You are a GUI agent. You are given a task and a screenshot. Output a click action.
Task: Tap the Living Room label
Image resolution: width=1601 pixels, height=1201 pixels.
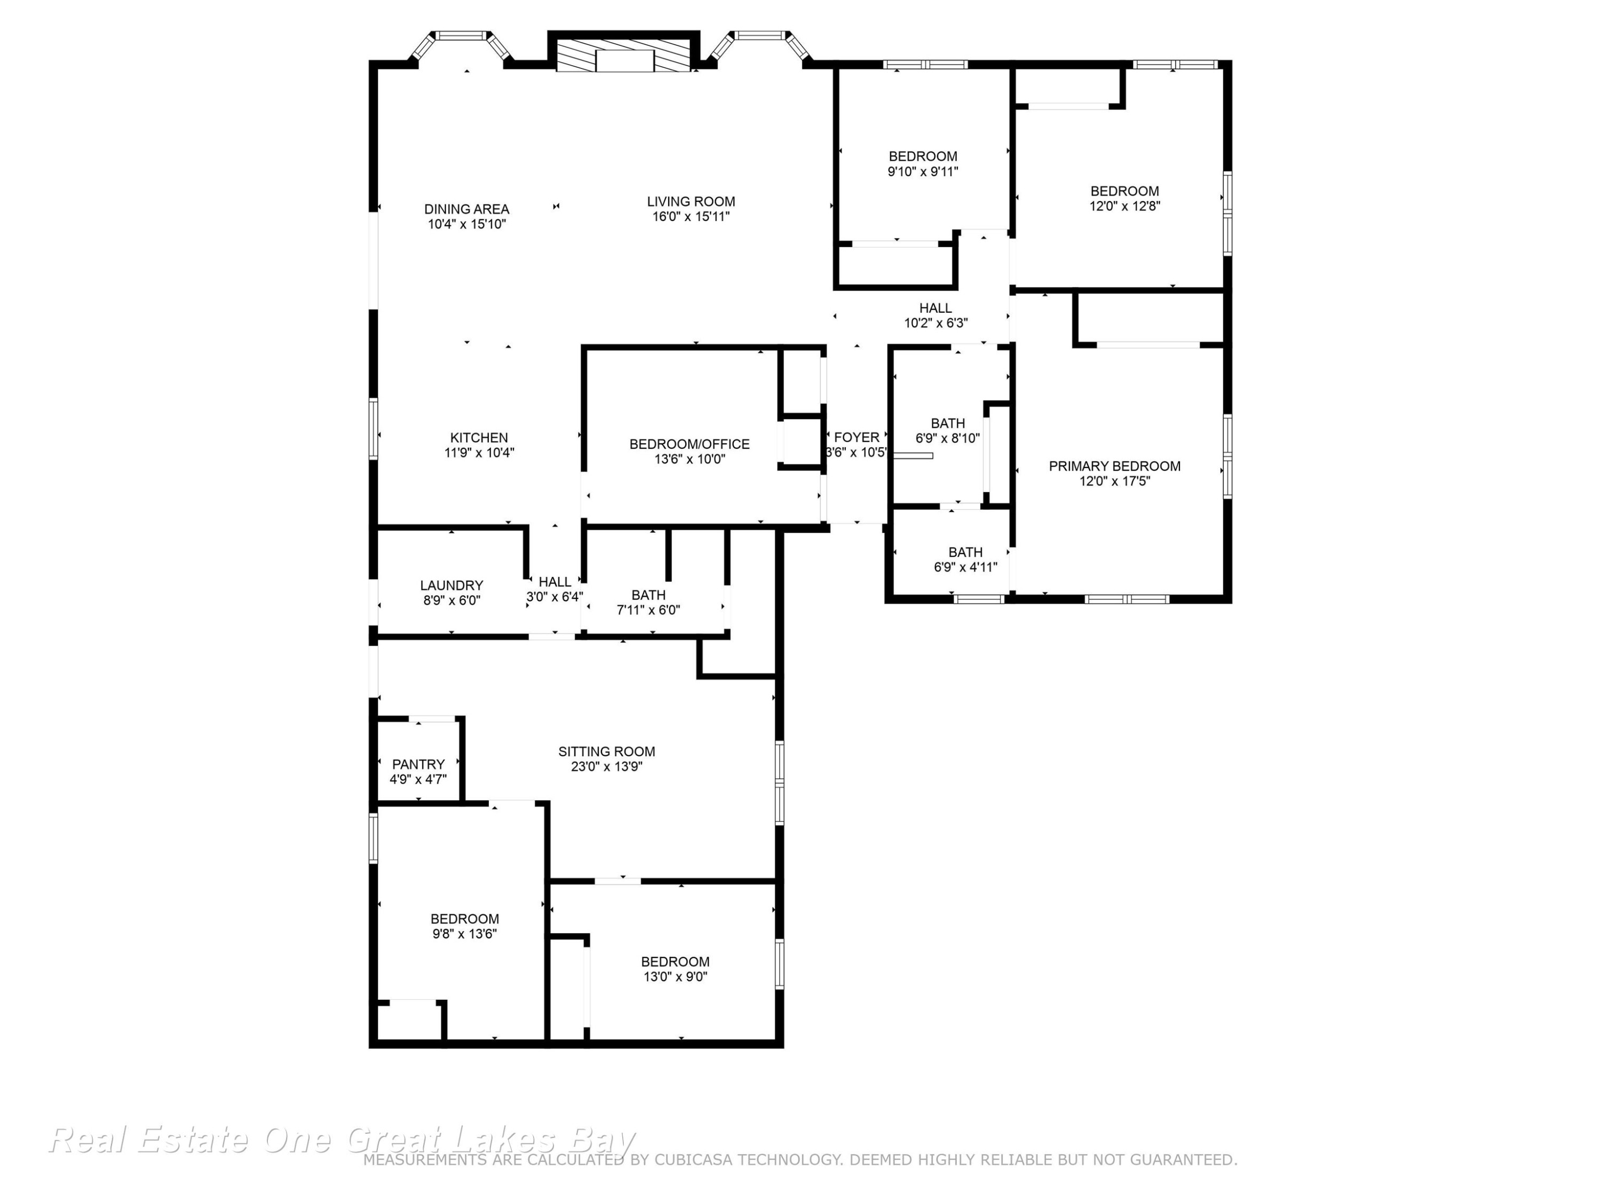[691, 201]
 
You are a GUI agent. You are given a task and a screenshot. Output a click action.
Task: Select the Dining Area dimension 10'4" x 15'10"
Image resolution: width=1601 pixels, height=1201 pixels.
[467, 224]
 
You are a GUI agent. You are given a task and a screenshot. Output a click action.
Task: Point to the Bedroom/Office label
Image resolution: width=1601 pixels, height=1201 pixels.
[689, 444]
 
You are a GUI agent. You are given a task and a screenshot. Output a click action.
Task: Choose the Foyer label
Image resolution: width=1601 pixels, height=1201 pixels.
[857, 437]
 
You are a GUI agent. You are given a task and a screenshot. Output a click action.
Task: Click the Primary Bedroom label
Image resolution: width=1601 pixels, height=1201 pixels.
[1115, 466]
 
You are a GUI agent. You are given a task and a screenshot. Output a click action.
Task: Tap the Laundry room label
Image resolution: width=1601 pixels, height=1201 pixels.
[451, 585]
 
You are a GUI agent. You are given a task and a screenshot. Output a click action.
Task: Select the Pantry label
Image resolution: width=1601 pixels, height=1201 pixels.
[418, 764]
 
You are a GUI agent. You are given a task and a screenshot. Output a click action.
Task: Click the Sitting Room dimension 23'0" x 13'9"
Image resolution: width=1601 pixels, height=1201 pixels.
[607, 767]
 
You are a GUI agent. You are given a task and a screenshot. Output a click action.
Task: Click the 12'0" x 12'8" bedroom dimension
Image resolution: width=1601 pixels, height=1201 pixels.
[1125, 206]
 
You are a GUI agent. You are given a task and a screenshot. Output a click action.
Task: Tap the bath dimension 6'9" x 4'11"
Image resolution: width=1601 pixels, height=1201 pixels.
[965, 567]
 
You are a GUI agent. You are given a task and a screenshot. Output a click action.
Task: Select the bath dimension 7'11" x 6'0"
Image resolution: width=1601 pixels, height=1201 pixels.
[648, 610]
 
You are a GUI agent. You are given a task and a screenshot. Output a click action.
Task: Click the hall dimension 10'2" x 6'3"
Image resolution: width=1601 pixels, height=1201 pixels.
[936, 323]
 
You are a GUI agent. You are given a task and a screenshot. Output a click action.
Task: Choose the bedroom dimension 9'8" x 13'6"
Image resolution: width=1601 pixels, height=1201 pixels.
[465, 934]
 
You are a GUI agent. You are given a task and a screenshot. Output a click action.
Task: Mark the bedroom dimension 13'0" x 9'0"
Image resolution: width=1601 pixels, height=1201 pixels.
[675, 977]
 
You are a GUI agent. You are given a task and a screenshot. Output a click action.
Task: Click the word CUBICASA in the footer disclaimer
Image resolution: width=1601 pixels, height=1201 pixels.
[697, 1160]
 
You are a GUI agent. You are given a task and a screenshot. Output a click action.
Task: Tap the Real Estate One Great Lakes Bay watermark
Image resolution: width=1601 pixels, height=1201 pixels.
[342, 1140]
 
